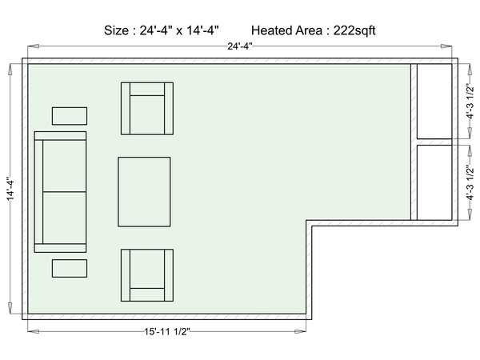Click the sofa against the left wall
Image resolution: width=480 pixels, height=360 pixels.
(60, 192)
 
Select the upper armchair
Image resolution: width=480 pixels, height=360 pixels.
(147, 108)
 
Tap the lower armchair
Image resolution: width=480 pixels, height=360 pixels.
(147, 275)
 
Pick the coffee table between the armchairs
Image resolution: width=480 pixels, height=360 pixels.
(144, 192)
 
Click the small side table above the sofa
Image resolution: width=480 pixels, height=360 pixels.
(70, 116)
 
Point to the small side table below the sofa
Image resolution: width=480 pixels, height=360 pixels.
(70, 269)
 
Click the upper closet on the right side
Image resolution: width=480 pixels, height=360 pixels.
(434, 102)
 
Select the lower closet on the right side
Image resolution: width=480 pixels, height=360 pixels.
(434, 182)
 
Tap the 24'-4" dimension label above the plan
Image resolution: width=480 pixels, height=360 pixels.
(240, 46)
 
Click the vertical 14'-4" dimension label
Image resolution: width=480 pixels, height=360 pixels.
(10, 189)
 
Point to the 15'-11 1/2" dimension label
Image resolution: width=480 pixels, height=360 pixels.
(167, 331)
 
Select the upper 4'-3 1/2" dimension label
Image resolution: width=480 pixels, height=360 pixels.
(470, 102)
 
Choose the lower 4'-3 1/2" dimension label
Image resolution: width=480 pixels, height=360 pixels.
(470, 182)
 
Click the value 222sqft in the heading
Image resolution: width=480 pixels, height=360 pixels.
(354, 30)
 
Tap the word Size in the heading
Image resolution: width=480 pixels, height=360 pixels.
(116, 30)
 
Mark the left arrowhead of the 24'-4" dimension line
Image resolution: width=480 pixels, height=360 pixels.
(34, 46)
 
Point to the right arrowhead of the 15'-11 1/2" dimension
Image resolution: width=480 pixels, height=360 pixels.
(300, 331)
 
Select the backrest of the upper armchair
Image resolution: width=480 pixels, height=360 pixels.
(147, 89)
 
